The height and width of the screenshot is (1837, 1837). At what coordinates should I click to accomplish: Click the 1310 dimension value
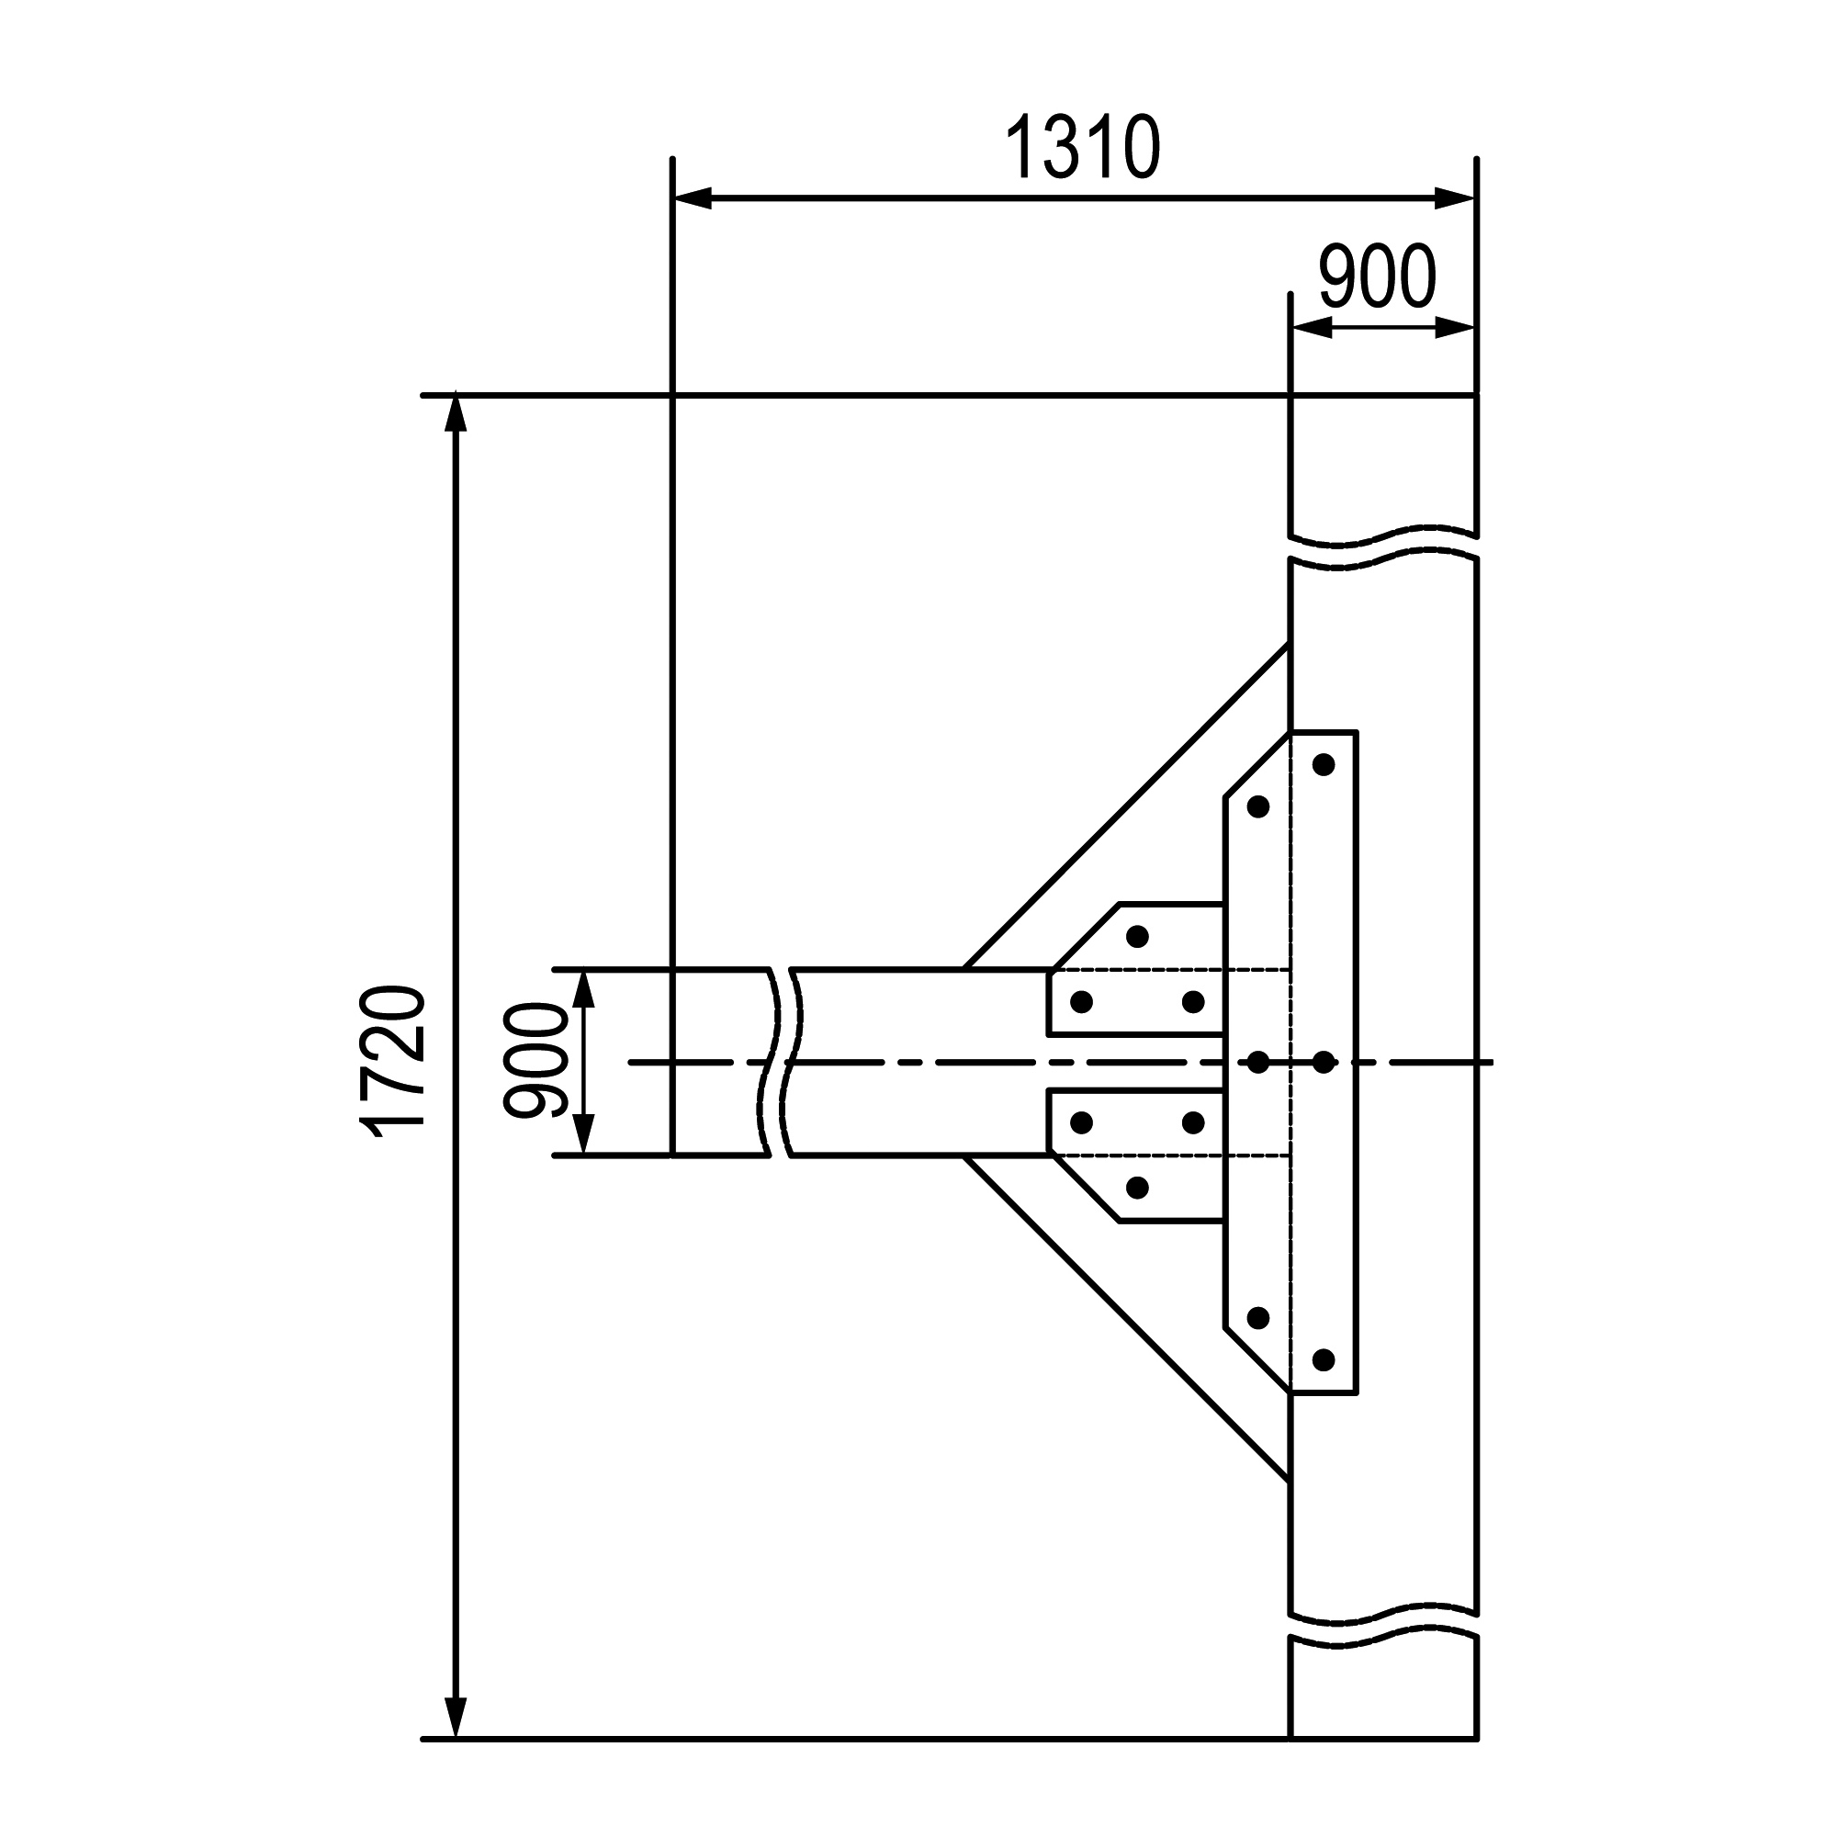coord(1083,147)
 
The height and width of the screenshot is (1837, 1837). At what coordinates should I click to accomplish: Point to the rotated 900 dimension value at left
coord(535,1060)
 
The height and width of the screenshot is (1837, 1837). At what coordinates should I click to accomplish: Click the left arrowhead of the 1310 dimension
coord(693,198)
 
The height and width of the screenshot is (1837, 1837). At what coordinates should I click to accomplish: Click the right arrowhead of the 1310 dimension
coord(1455,198)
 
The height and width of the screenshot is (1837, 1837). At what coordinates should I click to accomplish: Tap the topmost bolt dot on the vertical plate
coord(1324,764)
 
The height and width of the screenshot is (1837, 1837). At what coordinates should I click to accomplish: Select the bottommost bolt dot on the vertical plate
coord(1324,1359)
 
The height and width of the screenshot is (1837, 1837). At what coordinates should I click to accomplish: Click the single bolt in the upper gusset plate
coord(1137,937)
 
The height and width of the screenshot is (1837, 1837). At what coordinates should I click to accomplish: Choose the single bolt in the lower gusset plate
coord(1137,1187)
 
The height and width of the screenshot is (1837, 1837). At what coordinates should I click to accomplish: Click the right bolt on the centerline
coord(1324,1062)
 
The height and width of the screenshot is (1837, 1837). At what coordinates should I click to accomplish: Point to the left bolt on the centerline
coord(1258,1062)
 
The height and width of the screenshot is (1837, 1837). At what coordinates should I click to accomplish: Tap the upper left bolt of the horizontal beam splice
coord(1081,1001)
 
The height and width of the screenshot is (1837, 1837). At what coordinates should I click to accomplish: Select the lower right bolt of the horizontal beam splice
coord(1193,1123)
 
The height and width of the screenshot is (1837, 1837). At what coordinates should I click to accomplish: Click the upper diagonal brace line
coord(1127,807)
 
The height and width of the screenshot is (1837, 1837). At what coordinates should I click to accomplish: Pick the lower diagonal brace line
coord(1127,1319)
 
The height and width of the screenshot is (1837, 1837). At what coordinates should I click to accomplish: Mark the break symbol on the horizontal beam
coord(782,1062)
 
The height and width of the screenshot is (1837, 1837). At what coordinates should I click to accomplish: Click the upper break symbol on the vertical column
coord(1382,547)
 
